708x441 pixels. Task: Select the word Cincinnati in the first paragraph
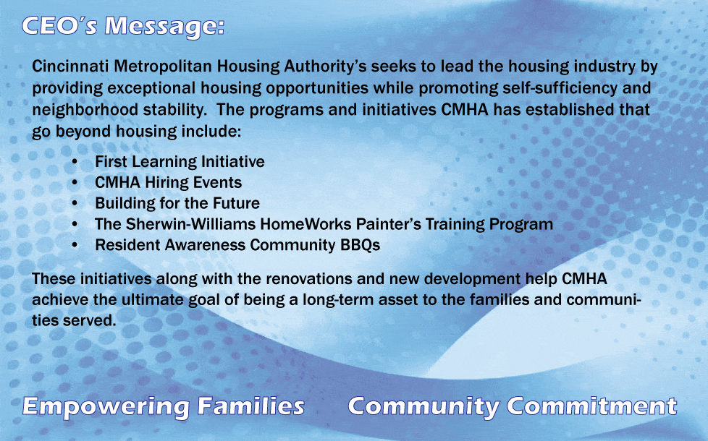(x=66, y=67)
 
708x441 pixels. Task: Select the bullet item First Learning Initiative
(x=180, y=162)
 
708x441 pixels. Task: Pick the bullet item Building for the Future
(x=177, y=203)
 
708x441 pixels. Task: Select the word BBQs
(x=360, y=245)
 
